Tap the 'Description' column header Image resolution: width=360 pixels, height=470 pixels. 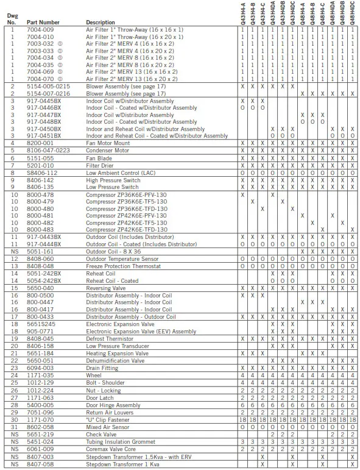coord(100,22)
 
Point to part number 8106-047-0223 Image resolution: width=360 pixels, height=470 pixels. coord(48,150)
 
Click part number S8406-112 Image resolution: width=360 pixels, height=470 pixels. coord(41,173)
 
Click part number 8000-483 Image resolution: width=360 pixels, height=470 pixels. coord(40,229)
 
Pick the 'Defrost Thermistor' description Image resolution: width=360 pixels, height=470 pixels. coord(111,338)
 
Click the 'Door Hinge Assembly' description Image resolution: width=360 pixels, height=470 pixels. coord(113,405)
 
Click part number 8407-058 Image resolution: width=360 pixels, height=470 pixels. coord(40,463)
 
